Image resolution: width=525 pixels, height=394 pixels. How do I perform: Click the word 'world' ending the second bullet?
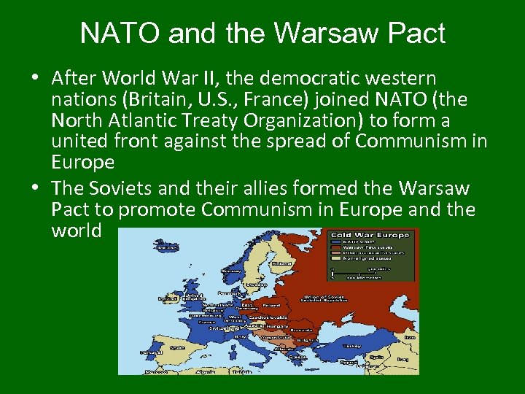pyautogui.click(x=77, y=231)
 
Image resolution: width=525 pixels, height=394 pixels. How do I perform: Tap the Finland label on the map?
pyautogui.click(x=281, y=263)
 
